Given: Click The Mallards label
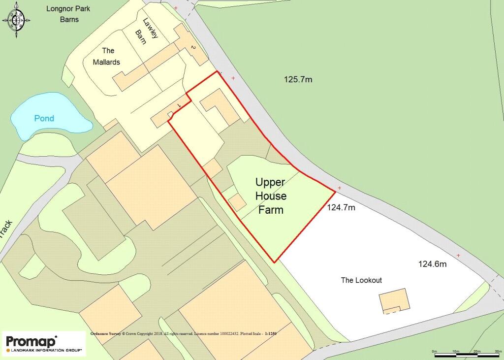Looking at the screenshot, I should pyautogui.click(x=108, y=56).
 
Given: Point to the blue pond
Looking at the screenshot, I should pyautogui.click(x=47, y=118).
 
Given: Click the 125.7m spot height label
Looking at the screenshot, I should pyautogui.click(x=298, y=79).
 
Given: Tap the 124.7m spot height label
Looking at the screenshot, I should pyautogui.click(x=341, y=208).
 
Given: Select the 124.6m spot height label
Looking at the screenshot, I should pyautogui.click(x=432, y=264).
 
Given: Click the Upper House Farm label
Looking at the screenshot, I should pyautogui.click(x=271, y=196).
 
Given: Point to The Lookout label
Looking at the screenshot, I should pyautogui.click(x=361, y=280).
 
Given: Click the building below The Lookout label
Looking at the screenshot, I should pyautogui.click(x=394, y=300).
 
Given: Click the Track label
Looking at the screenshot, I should pyautogui.click(x=6, y=229).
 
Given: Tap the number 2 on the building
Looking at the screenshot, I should pyautogui.click(x=193, y=47).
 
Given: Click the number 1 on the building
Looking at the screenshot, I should pyautogui.click(x=179, y=105).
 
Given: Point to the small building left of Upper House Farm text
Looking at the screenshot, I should pyautogui.click(x=237, y=201).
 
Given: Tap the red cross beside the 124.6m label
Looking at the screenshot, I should pyautogui.click(x=458, y=255).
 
